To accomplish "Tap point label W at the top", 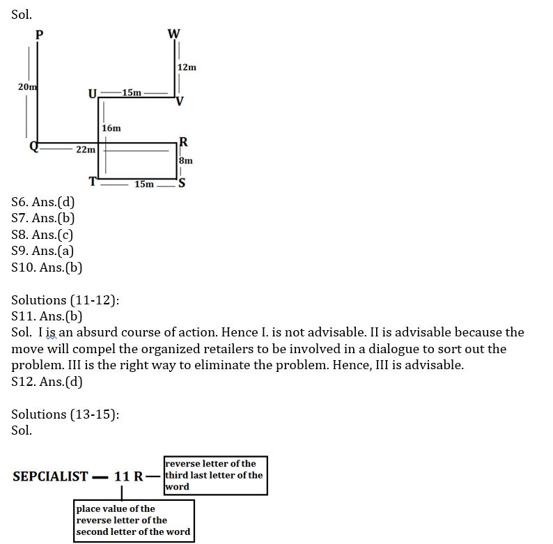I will tap(174, 33).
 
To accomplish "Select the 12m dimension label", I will tap(187, 68).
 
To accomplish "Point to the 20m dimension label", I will tap(27, 86).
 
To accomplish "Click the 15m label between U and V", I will tap(131, 93).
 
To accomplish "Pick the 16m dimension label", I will tap(111, 128).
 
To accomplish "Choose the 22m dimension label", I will tap(85, 150).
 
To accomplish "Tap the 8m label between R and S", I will tap(186, 160).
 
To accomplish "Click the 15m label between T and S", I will tap(144, 184).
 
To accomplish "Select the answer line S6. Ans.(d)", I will tap(43, 203).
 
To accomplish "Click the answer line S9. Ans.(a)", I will tap(43, 251).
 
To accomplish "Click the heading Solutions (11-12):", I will tap(65, 300).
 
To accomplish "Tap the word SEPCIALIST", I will tap(50, 476).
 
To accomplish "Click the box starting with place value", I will tap(134, 520).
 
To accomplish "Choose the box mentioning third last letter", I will tap(215, 475).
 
